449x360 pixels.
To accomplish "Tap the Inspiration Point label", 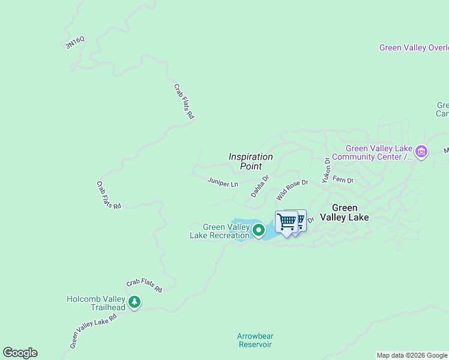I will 251,161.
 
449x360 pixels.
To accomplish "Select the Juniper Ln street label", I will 223,181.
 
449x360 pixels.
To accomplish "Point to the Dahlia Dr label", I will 260,186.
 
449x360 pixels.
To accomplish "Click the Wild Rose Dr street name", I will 292,190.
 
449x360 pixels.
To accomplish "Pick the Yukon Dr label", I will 327,170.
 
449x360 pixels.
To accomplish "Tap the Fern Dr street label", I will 343,179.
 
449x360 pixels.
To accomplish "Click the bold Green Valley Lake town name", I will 345,212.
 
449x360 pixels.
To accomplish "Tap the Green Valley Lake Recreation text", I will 220,231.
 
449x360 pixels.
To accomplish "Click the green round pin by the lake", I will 259,230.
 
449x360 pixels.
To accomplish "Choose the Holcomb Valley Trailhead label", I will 96,303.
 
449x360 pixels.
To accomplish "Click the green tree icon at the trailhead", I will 134,302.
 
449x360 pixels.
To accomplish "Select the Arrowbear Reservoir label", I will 255,340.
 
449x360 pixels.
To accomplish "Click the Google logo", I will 20,352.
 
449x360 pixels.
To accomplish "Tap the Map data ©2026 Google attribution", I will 412,355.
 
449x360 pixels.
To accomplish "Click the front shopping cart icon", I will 286,222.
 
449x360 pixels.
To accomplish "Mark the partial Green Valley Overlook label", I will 414,47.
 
